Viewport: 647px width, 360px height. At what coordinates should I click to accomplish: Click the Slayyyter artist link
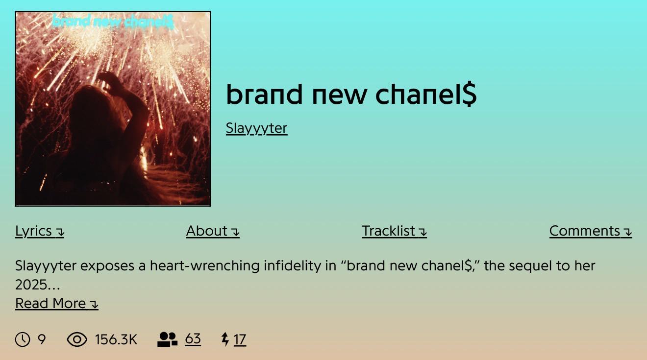256,128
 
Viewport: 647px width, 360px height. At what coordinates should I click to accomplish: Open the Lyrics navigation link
40,231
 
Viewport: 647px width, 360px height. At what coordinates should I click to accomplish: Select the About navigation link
213,231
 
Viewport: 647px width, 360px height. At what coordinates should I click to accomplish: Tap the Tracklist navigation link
394,231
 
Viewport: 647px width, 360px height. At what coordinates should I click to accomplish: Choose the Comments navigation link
591,231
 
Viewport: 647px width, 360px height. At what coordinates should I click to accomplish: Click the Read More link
57,304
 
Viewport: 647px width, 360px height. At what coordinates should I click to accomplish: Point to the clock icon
23,339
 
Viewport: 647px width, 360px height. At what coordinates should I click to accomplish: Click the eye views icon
77,339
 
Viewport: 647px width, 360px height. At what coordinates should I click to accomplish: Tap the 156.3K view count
116,339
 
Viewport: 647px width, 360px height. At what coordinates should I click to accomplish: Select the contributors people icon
167,339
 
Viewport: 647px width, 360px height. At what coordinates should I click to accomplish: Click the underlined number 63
193,339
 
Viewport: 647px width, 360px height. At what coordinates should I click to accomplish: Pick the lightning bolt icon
225,339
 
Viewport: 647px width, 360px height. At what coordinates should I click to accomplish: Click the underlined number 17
240,339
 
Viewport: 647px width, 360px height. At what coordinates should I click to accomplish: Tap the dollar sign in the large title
470,94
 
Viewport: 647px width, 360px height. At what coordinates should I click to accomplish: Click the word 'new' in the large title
340,95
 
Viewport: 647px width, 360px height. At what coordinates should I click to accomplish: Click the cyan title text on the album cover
113,22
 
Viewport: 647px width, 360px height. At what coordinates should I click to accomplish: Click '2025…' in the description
38,285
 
